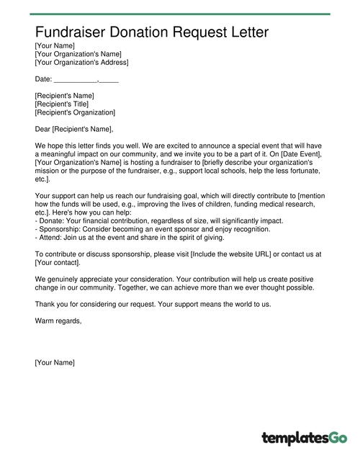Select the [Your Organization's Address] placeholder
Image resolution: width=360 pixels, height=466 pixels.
81,63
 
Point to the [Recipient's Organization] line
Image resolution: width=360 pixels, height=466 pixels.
75,112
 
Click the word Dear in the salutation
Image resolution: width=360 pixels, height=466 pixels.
42,129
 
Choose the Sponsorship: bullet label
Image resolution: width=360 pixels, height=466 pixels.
60,229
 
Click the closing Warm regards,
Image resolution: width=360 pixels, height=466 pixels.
58,321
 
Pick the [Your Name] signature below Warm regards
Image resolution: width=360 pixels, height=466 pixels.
55,362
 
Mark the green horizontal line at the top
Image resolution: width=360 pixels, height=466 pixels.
180,14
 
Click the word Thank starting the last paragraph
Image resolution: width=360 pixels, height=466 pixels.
45,304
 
